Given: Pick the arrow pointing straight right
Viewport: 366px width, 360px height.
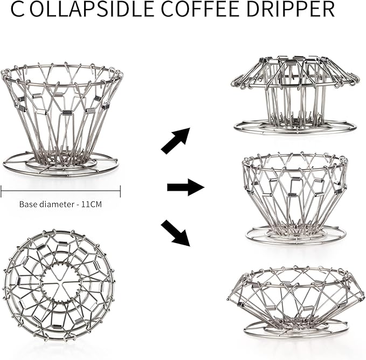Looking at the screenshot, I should click(x=185, y=188).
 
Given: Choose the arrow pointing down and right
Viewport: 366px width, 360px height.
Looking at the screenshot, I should click(x=176, y=232).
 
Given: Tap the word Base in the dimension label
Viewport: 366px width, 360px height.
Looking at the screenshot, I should click(x=29, y=204).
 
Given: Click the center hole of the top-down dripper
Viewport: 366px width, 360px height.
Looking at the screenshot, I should click(x=59, y=280).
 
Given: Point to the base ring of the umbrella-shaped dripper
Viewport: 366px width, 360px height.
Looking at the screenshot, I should click(x=295, y=128).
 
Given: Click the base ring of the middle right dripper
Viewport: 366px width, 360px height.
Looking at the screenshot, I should click(x=295, y=234).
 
